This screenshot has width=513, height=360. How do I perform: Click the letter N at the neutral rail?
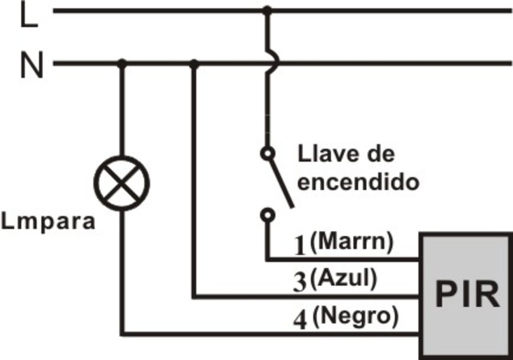click(32, 66)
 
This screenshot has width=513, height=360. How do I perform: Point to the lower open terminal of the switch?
click(267, 215)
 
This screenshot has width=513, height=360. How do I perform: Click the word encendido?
click(359, 182)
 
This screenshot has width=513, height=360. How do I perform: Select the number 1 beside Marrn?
click(300, 244)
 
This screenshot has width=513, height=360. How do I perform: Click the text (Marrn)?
click(352, 242)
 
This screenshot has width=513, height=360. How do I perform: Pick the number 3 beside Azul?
click(300, 283)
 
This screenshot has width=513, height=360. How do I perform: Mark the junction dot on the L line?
click(267, 10)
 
